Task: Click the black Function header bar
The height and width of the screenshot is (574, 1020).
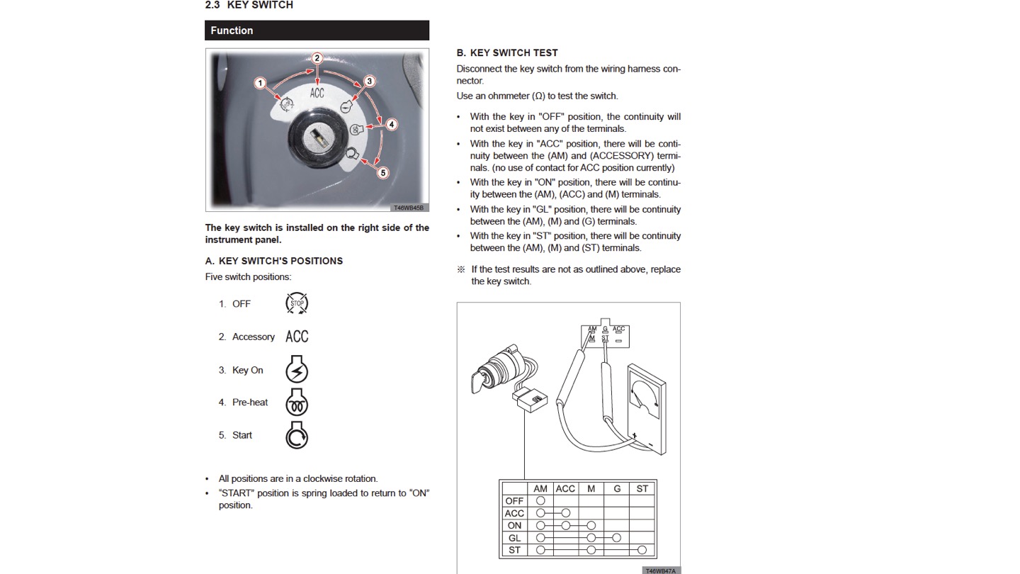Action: click(x=317, y=30)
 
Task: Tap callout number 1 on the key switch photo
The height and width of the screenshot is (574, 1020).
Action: click(x=260, y=83)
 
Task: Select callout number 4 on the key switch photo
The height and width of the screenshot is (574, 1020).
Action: click(x=391, y=125)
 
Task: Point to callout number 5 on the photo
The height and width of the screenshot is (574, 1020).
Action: click(x=383, y=173)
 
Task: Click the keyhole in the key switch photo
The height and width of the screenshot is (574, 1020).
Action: click(x=318, y=137)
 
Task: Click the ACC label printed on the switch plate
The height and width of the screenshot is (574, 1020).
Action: click(x=317, y=93)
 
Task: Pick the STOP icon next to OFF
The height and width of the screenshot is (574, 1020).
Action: click(x=297, y=303)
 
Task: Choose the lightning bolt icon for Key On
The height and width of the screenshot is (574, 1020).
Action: click(x=297, y=369)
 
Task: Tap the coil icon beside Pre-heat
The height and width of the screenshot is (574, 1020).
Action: click(x=297, y=403)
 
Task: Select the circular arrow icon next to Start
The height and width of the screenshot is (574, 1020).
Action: click(x=297, y=435)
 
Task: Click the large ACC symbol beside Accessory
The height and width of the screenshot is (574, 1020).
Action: click(x=297, y=337)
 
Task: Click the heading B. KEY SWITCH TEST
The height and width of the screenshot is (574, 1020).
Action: click(x=507, y=53)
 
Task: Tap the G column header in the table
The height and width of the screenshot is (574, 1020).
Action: click(x=617, y=489)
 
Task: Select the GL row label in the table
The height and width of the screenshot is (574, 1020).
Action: click(x=514, y=538)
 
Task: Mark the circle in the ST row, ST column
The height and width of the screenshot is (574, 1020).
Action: click(x=642, y=550)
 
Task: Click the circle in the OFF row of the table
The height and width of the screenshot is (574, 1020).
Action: click(x=540, y=500)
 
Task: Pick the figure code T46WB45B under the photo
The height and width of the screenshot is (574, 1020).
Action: click(x=409, y=208)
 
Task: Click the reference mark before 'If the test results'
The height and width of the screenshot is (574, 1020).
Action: click(x=461, y=269)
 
